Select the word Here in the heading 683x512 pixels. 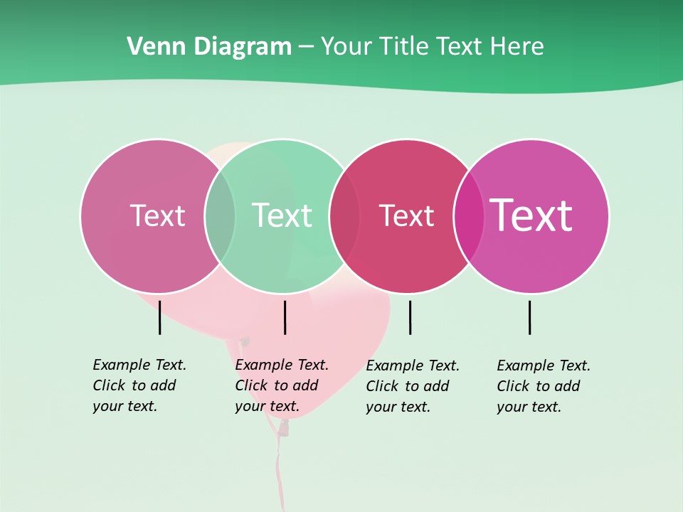point(518,47)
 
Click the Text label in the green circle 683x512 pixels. point(282,215)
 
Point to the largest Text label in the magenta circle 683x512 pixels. point(531,215)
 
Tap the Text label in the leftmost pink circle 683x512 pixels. point(157,215)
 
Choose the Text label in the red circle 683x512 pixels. point(406,215)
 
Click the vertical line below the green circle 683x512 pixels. point(285,317)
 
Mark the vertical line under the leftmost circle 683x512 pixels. point(159,317)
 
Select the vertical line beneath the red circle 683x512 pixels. point(410,317)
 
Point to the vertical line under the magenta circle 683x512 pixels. point(529,317)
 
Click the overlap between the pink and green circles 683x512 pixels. point(220,215)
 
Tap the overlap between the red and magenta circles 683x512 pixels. point(469,215)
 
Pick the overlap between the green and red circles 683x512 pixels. point(344,215)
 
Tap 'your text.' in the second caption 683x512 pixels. point(267,407)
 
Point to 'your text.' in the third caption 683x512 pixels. point(398,407)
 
